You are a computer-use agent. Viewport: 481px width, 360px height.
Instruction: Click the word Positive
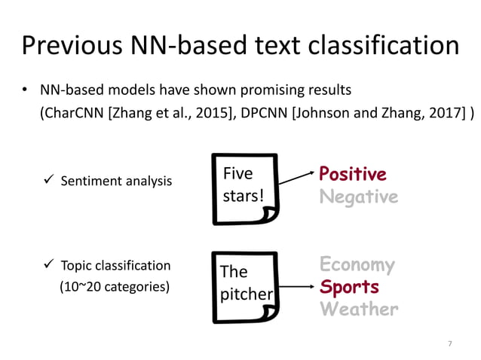click(352, 175)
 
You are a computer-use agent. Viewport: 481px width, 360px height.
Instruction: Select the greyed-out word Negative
click(357, 197)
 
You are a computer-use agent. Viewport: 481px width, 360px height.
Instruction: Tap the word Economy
click(357, 264)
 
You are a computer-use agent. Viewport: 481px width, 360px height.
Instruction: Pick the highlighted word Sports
click(348, 287)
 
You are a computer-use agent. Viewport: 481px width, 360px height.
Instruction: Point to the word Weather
click(358, 310)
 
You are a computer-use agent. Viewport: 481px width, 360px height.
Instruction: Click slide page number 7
click(449, 344)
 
